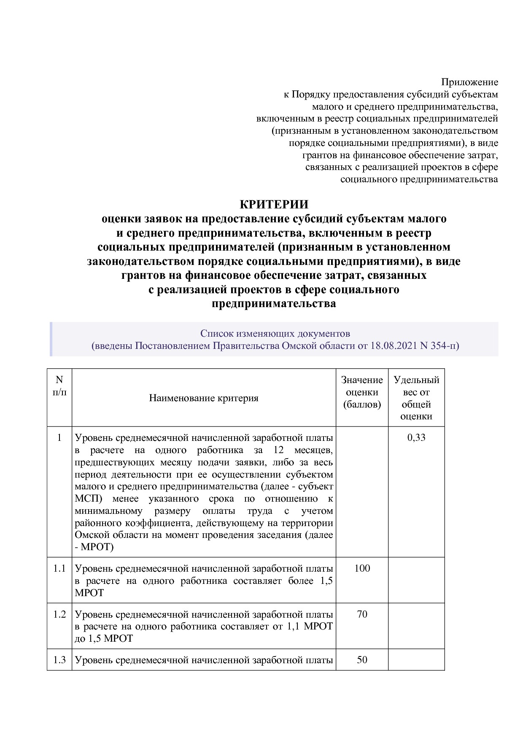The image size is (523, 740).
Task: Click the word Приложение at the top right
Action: click(469, 82)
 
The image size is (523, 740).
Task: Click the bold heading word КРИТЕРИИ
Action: click(274, 204)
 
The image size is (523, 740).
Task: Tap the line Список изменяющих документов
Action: click(275, 334)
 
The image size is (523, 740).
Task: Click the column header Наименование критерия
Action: click(204, 398)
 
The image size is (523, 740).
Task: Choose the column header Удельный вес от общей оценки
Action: click(416, 398)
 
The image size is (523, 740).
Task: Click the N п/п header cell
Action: click(59, 386)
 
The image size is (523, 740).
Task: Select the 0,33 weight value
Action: click(416, 438)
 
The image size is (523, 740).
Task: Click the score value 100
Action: click(362, 568)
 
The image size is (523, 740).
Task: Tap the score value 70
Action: click(362, 614)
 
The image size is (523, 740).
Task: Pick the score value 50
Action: click(362, 659)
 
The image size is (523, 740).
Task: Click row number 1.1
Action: click(59, 568)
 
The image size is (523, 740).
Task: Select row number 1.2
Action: click(59, 614)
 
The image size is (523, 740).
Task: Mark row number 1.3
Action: click(59, 659)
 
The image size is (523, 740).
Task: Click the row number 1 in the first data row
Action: click(59, 438)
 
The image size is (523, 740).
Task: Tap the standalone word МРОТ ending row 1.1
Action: click(89, 593)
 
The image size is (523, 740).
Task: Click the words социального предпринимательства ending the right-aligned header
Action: click(419, 179)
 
